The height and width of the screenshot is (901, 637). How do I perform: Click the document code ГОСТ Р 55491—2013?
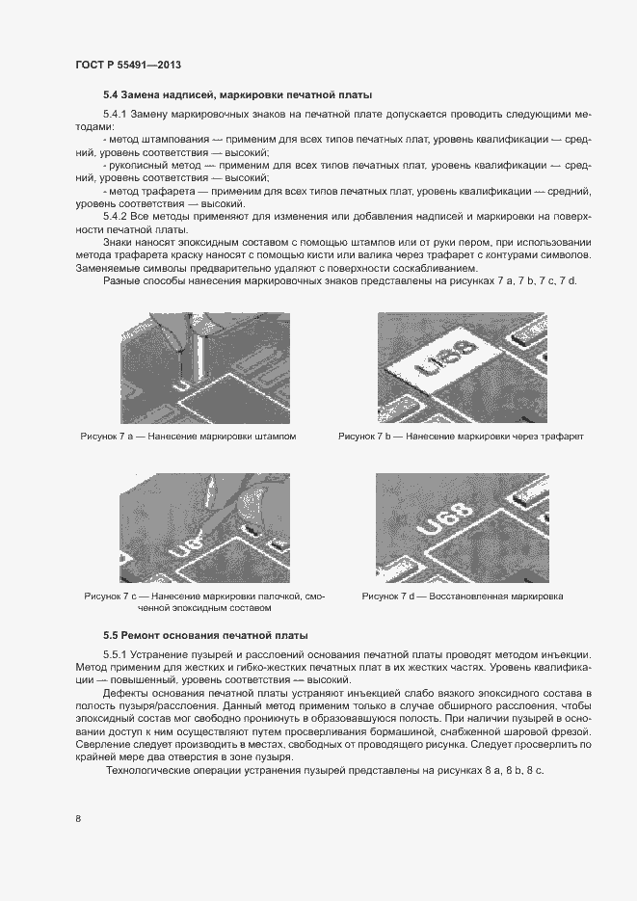coord(128,65)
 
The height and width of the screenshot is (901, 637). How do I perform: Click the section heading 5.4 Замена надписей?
coord(237,94)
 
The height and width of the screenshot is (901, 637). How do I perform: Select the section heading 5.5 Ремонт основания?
coord(205,636)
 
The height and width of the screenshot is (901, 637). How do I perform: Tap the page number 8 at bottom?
coord(77,819)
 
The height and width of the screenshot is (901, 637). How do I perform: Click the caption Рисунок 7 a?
coord(188,437)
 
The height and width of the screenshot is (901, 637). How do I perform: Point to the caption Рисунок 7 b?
coord(461,437)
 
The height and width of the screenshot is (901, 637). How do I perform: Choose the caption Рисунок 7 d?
coord(463,596)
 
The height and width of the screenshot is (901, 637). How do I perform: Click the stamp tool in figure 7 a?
coord(198,342)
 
